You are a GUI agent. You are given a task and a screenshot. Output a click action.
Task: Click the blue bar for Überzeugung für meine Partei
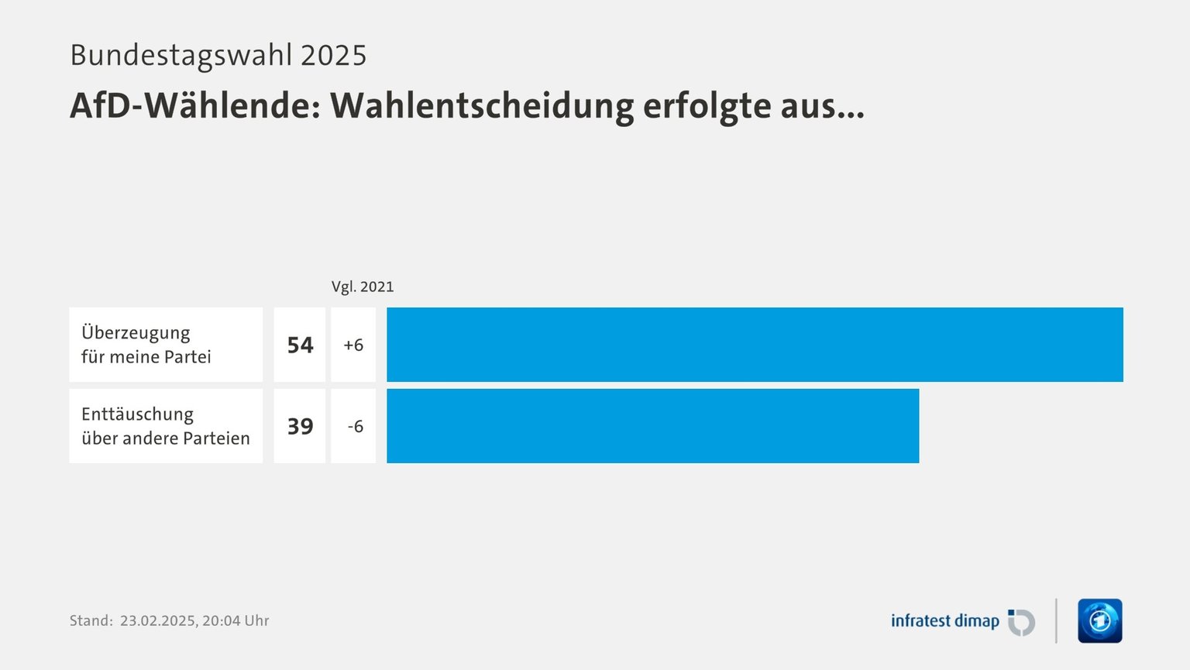755,345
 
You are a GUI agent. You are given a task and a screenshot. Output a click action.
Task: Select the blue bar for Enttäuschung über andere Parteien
652,426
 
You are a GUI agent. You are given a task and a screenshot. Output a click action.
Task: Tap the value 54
300,345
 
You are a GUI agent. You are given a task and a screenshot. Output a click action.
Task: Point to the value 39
300,427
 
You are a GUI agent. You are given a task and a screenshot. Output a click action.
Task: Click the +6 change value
353,345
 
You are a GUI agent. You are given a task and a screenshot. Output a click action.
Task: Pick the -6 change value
355,427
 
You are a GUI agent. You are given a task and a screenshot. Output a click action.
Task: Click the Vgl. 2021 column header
363,287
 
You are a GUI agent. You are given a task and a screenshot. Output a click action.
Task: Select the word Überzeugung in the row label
136,333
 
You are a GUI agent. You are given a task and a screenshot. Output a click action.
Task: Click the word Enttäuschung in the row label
137,414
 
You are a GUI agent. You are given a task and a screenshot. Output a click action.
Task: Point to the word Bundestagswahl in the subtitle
181,56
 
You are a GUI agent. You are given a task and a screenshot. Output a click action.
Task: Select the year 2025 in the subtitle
333,56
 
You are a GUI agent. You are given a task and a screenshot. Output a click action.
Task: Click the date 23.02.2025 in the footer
157,620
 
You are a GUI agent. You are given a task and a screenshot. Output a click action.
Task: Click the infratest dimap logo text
944,621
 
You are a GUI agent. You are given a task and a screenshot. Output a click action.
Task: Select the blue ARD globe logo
1099,621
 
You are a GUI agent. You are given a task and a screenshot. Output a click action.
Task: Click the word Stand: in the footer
91,620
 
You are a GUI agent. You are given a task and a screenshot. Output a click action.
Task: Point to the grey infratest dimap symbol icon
1021,622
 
